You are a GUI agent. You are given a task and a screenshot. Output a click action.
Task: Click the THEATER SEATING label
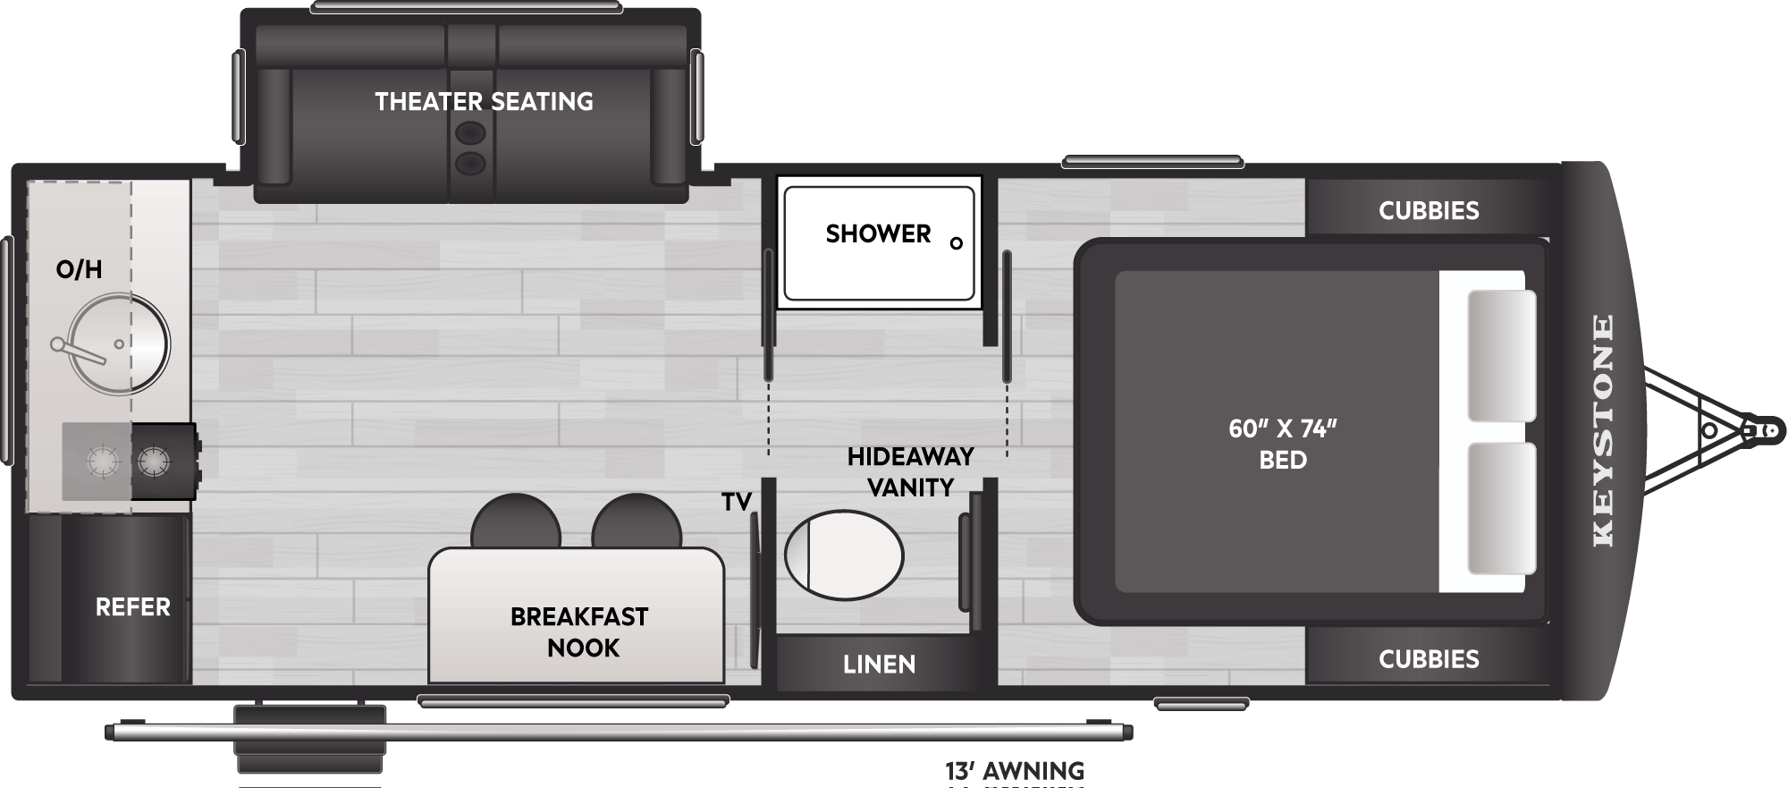point(484,102)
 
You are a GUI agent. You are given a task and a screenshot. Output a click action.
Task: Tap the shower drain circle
point(957,243)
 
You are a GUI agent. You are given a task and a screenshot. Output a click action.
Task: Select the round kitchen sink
point(119,344)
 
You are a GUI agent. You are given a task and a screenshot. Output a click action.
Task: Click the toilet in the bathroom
point(844,555)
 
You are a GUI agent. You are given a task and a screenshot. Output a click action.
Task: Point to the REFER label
point(132,607)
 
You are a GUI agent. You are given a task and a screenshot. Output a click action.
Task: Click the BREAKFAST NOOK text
point(580,632)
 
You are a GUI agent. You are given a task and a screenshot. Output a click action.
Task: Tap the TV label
point(736,503)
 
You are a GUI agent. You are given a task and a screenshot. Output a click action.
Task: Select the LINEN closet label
point(879,665)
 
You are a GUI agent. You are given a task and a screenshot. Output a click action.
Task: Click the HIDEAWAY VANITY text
point(910,472)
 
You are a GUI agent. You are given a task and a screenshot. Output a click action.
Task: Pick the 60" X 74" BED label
point(1282,445)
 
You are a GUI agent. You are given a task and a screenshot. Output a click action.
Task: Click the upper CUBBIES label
point(1429,211)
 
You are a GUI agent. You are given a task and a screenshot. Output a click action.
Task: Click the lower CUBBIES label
point(1429,660)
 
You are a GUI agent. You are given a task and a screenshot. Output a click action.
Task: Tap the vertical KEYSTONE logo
point(1603,430)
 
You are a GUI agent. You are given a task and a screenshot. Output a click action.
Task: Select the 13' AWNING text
point(1014,770)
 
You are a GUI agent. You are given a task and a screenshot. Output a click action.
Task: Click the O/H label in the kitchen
point(79,269)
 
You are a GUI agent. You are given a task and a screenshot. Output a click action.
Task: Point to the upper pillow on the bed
point(1502,355)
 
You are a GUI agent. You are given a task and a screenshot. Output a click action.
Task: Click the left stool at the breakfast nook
point(516,524)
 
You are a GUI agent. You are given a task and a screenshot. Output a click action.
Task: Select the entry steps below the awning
point(310,741)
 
